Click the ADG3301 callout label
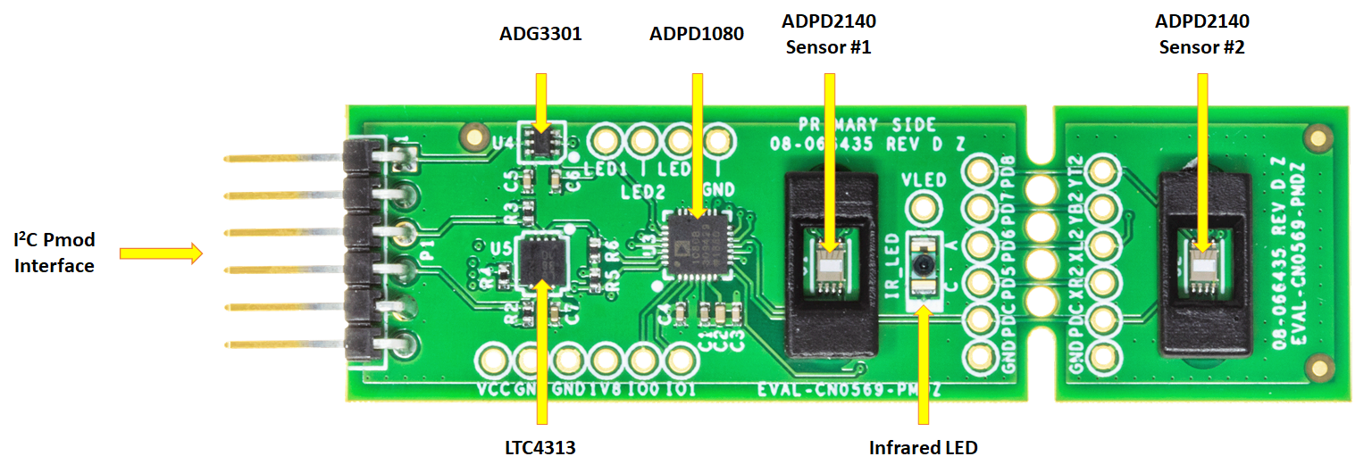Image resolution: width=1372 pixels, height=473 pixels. pyautogui.click(x=540, y=37)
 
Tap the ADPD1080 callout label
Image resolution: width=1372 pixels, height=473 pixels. pyautogui.click(x=696, y=37)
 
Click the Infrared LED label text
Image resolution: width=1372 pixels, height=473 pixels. pyautogui.click(x=923, y=447)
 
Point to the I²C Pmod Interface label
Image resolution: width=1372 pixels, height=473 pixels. pyautogui.click(x=54, y=253)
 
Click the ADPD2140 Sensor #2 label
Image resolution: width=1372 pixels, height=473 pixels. pyautogui.click(x=1201, y=34)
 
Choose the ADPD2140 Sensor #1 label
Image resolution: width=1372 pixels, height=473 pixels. pyautogui.click(x=828, y=34)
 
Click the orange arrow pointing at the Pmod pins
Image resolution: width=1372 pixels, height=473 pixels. pyautogui.click(x=161, y=254)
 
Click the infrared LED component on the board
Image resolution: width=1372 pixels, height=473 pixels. pyautogui.click(x=922, y=265)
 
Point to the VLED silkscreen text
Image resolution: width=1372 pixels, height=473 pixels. pyautogui.click(x=924, y=179)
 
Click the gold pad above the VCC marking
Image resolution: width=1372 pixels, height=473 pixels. pyautogui.click(x=490, y=361)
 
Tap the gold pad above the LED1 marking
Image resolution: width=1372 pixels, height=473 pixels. pyautogui.click(x=605, y=141)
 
